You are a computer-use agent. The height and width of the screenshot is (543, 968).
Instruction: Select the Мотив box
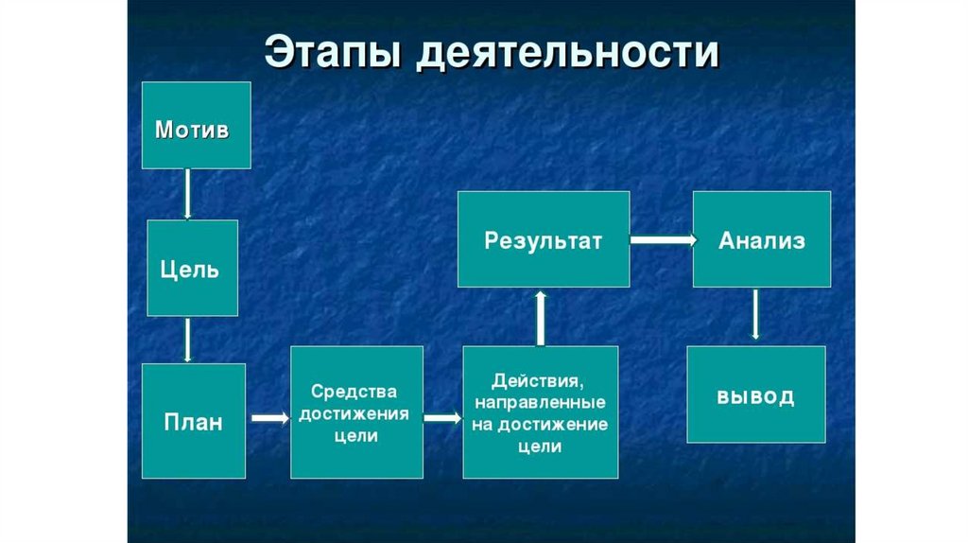tap(197, 126)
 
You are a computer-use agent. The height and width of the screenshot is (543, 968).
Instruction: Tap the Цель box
tap(190, 268)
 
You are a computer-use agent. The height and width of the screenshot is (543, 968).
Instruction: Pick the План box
tap(195, 421)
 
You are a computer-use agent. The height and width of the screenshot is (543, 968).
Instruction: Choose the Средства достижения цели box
tap(355, 412)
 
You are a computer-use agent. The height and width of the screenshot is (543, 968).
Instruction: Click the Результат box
tap(544, 239)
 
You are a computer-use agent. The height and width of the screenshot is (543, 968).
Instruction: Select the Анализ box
tap(762, 239)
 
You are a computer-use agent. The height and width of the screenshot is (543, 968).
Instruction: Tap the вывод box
tap(755, 394)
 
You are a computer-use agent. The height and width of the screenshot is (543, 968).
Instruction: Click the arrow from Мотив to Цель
tap(188, 194)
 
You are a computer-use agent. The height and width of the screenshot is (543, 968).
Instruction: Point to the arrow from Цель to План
tap(188, 340)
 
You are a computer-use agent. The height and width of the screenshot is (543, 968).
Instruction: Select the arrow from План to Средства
tap(268, 417)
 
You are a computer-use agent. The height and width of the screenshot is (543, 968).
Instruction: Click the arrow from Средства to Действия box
tap(442, 417)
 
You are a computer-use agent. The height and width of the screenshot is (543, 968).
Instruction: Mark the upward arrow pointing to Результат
tap(540, 317)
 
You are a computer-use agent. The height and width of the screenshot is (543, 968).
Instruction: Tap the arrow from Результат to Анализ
tap(662, 240)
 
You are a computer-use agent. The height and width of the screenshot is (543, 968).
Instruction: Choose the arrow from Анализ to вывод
tap(755, 315)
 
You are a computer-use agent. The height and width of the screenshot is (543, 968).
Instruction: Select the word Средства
tap(355, 391)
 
